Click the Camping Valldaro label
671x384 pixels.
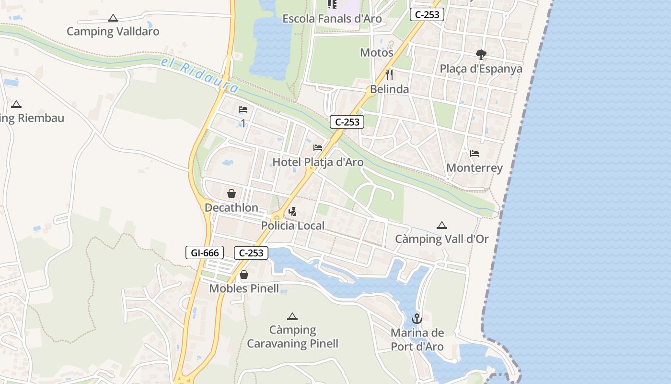[113, 32]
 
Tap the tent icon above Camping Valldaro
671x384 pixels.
[113, 18]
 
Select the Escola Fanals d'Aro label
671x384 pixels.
[332, 19]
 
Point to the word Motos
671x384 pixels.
[377, 52]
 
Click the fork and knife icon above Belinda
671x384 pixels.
[389, 75]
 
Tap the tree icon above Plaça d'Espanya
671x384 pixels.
[481, 55]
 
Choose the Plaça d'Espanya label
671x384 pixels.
[481, 69]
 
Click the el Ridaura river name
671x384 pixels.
[199, 75]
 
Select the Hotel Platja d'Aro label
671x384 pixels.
[318, 162]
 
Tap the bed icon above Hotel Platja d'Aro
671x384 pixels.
[318, 147]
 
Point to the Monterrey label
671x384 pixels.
[474, 168]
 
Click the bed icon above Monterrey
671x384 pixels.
[474, 154]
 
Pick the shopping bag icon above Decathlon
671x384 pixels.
[231, 193]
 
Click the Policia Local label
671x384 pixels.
[293, 226]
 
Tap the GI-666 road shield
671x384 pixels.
[205, 252]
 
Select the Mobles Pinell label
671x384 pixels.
[244, 288]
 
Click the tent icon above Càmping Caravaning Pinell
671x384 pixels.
[292, 316]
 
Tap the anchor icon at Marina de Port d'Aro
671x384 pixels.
[417, 318]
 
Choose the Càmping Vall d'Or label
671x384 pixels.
[441, 239]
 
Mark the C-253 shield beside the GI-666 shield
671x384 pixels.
[251, 252]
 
